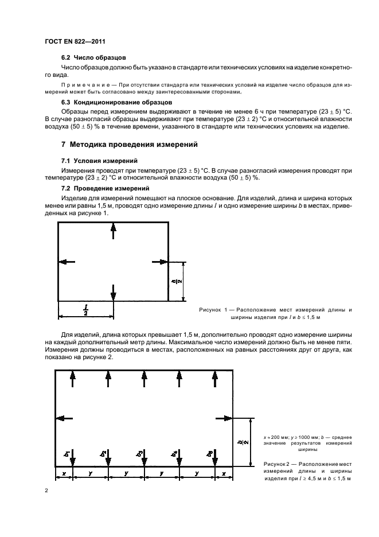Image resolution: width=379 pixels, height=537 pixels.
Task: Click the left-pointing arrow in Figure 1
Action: coord(68,262)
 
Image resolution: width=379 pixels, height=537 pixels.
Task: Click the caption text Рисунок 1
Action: coord(213,309)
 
